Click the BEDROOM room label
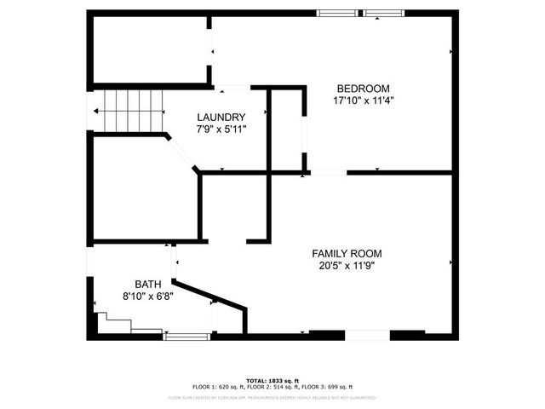(364, 89)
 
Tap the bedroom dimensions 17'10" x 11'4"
(364, 100)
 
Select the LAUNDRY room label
(221, 118)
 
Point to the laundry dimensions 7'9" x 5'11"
(221, 130)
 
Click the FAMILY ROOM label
(347, 253)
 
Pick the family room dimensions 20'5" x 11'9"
(347, 265)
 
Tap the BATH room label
(147, 285)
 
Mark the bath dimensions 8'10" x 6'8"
(147, 297)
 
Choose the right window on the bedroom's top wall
(385, 13)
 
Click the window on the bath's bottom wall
(187, 336)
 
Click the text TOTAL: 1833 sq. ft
(272, 380)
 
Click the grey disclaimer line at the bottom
(272, 397)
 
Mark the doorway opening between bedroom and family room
(328, 173)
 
